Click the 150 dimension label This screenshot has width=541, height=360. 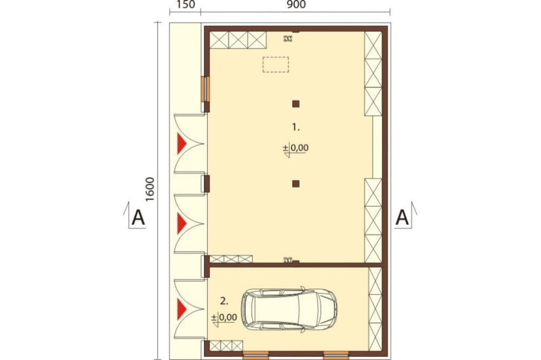(186, 4)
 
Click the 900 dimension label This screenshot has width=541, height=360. (296, 4)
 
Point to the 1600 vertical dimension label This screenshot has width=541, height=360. (150, 189)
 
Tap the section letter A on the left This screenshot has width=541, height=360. (138, 218)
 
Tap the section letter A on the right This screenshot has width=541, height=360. (402, 218)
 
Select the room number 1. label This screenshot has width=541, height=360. (296, 127)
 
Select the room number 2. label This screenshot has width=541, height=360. (225, 301)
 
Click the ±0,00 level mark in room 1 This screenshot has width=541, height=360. (296, 149)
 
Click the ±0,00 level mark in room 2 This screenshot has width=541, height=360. (225, 318)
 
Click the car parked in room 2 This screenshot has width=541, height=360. (289, 309)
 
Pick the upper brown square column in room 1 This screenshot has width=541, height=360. (296, 104)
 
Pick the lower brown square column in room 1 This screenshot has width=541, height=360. (296, 184)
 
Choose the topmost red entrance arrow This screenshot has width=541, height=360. (181, 144)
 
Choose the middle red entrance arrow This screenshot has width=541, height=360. (181, 224)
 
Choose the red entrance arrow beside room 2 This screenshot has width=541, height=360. (181, 309)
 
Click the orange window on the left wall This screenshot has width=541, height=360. (205, 89)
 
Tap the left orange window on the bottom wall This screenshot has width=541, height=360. (255, 355)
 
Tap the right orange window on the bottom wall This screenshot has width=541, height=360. (336, 355)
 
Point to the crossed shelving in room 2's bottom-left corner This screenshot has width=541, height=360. (226, 346)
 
